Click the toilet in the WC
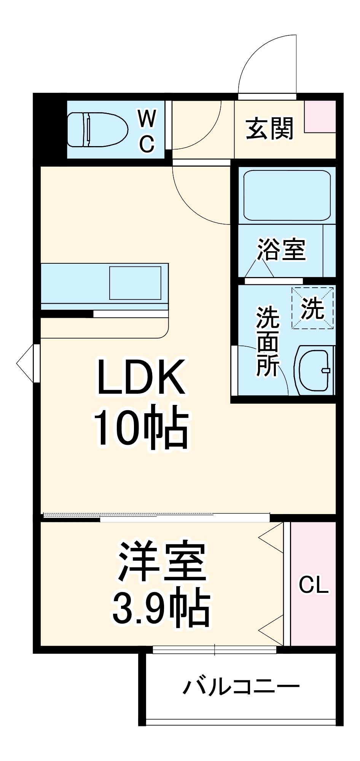97,130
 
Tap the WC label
147,131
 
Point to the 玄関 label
269,129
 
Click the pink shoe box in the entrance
320,116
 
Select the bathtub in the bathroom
287,195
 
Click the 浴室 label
282,250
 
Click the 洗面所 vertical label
268,341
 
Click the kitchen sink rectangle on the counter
135,283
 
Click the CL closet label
314,584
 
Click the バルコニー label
241,687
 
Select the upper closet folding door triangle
272,538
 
